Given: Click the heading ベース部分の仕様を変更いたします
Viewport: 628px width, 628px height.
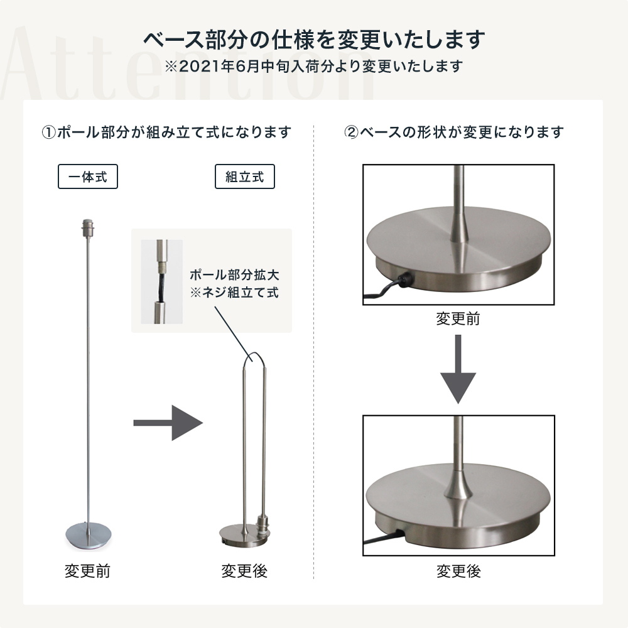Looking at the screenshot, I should point(314,40).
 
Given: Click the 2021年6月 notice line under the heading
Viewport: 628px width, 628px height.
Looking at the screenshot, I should point(314,66).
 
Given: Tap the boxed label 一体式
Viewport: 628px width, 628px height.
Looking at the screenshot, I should point(88,177).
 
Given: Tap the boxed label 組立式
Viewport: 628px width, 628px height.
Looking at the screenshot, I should point(245,177).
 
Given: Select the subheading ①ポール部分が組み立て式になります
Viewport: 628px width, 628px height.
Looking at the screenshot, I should point(166,133).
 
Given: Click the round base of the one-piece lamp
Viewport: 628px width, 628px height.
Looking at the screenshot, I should point(87,533).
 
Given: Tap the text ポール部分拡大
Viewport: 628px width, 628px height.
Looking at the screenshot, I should point(234,275).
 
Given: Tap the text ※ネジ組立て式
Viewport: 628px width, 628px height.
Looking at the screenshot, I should point(234,292).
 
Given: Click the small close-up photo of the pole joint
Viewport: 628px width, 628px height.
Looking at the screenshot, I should point(161,281).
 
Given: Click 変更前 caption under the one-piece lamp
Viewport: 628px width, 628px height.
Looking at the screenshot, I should point(88,571).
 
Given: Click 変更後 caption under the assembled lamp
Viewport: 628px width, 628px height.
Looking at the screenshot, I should point(244,571).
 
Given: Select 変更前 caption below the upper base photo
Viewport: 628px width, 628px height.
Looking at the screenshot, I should point(458,318).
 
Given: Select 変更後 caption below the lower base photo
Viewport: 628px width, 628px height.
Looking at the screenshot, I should point(458,571).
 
